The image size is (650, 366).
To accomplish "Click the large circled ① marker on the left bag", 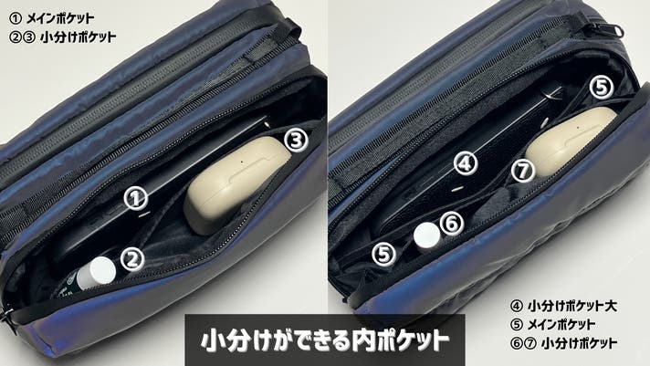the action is pos(136,198).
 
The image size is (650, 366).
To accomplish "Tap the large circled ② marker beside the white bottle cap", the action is pos(132,260).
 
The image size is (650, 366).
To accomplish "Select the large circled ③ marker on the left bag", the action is pos(296,140).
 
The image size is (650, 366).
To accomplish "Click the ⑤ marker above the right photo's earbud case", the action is pos(602,87).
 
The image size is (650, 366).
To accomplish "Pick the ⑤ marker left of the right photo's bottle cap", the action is pos(383,254).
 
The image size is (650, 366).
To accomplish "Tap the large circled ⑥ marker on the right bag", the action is pos(451,224).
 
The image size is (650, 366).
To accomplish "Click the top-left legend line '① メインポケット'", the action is pos(52,18).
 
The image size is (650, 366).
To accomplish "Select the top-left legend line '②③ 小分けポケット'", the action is pos(63,37).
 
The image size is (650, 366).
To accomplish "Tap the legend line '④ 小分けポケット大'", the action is pos(564,306).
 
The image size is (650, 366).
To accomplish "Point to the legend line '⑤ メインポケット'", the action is pos(553,324).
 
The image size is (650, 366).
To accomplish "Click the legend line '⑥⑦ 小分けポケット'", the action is pos(564,343).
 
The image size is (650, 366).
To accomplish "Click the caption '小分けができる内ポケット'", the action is pos(325,340).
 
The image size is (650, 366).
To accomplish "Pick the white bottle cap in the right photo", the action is pos(426,237).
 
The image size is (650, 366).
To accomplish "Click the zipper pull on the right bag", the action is pos(606,28).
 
